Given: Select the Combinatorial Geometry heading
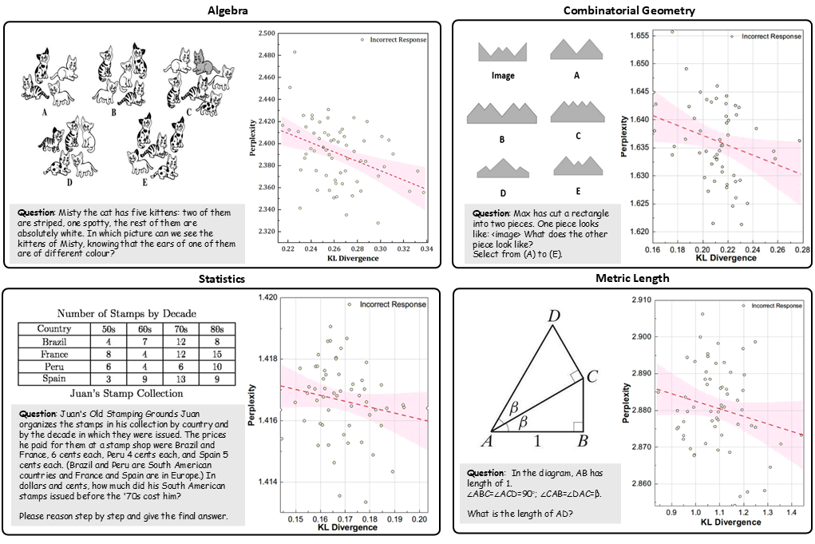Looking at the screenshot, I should click(629, 10).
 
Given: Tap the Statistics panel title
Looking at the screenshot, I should click(223, 279).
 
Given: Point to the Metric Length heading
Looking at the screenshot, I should click(628, 279).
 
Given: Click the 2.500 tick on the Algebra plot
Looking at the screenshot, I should click(267, 34).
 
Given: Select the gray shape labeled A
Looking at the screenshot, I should click(576, 50).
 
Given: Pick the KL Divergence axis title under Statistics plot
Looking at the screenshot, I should click(348, 528).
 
